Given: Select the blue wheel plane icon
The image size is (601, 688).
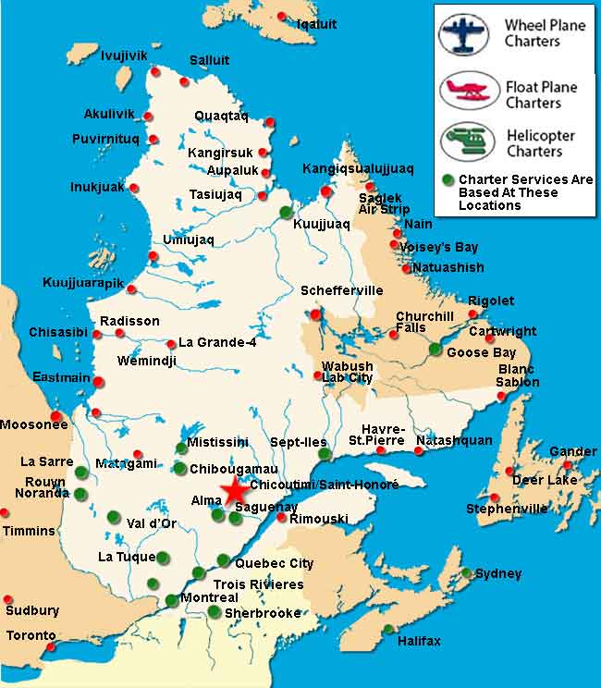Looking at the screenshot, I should click(x=464, y=33).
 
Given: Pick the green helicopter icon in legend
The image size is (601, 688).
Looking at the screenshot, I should click(x=464, y=143).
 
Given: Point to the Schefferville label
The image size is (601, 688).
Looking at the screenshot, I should click(x=341, y=290).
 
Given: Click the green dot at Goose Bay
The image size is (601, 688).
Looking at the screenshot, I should click(x=435, y=349).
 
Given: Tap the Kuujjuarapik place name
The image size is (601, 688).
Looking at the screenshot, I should click(x=80, y=282).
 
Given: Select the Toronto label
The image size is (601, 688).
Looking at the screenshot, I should click(x=31, y=635).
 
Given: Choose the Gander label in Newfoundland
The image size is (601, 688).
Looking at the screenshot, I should click(x=572, y=451).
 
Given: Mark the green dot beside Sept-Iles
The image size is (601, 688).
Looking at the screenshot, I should click(x=324, y=454).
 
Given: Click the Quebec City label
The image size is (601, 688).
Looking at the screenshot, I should click(x=275, y=563).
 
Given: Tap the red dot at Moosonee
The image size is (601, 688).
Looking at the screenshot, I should click(x=56, y=415).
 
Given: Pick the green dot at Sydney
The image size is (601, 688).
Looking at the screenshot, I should click(x=468, y=572).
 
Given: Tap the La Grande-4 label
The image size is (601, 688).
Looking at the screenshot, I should click(x=217, y=342).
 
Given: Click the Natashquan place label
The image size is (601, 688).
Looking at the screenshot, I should click(x=454, y=440).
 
